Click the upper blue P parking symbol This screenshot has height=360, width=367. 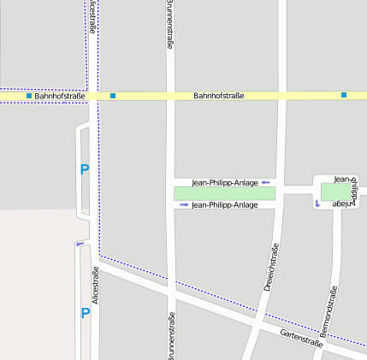[x=84, y=170]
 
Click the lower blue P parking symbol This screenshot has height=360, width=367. [x=85, y=313]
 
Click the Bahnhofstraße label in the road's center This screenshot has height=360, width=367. [x=218, y=96]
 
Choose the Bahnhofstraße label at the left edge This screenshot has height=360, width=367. [x=60, y=96]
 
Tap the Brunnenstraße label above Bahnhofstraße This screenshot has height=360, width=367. [x=169, y=26]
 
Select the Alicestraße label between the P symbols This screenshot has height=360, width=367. [x=95, y=285]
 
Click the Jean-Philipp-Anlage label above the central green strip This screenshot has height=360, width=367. [x=225, y=182]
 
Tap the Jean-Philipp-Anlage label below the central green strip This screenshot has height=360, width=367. [x=225, y=205]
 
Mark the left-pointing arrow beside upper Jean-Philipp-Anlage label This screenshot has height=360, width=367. [x=266, y=182]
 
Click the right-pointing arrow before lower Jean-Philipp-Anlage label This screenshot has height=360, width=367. [x=184, y=205]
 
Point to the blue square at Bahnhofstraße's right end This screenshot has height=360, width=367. [x=344, y=95]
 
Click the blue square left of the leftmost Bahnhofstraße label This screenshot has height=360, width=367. [x=29, y=96]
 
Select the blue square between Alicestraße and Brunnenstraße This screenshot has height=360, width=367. [x=113, y=96]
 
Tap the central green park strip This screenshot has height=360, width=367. [x=225, y=193]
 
